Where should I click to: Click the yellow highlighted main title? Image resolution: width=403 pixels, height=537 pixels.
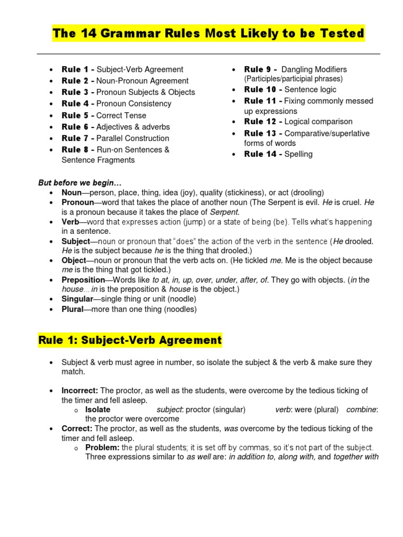(208, 34)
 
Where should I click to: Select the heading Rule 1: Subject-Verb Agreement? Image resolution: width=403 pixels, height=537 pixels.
(130, 340)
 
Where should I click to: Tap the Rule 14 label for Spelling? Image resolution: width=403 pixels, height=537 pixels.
(263, 154)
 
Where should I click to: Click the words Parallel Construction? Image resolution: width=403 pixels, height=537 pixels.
(133, 138)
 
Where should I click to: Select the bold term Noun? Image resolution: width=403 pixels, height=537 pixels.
(72, 192)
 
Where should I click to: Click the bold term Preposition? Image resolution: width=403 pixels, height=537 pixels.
(83, 280)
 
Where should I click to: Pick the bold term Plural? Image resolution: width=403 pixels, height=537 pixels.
(72, 309)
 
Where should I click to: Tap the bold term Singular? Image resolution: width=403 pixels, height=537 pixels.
(77, 299)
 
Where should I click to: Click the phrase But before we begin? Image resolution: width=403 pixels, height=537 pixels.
(80, 182)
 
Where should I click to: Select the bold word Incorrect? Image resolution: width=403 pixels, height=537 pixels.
(80, 391)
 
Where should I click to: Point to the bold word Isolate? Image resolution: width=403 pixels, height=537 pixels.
(98, 410)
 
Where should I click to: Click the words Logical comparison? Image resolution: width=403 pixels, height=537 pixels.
(319, 122)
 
